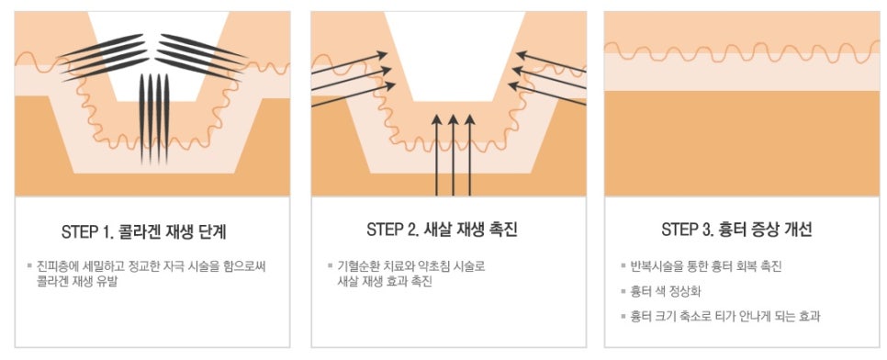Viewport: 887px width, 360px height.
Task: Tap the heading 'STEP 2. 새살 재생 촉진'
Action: (x=442, y=230)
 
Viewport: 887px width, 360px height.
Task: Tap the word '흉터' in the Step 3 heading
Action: (x=730, y=230)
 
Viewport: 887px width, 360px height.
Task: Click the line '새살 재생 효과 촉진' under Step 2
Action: (x=385, y=282)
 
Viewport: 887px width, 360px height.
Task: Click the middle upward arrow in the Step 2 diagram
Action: (x=453, y=155)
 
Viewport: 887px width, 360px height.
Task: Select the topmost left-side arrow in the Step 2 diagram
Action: (x=349, y=63)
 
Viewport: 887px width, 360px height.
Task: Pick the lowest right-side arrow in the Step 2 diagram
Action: (x=547, y=94)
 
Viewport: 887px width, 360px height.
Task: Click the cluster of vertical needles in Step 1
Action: (x=154, y=118)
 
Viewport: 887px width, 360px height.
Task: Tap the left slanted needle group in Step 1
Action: (x=104, y=58)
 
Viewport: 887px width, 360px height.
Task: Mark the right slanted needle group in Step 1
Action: (x=202, y=58)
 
